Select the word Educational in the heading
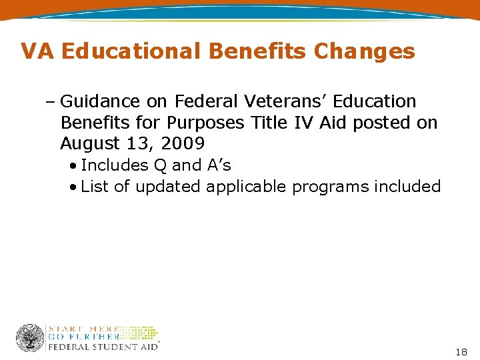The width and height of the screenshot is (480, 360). [x=127, y=51]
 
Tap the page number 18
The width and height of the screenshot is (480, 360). [x=461, y=351]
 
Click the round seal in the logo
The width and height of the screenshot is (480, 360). [x=30, y=338]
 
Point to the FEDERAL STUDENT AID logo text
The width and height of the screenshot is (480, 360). [x=103, y=346]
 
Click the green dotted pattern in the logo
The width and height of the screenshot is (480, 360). [x=139, y=333]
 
